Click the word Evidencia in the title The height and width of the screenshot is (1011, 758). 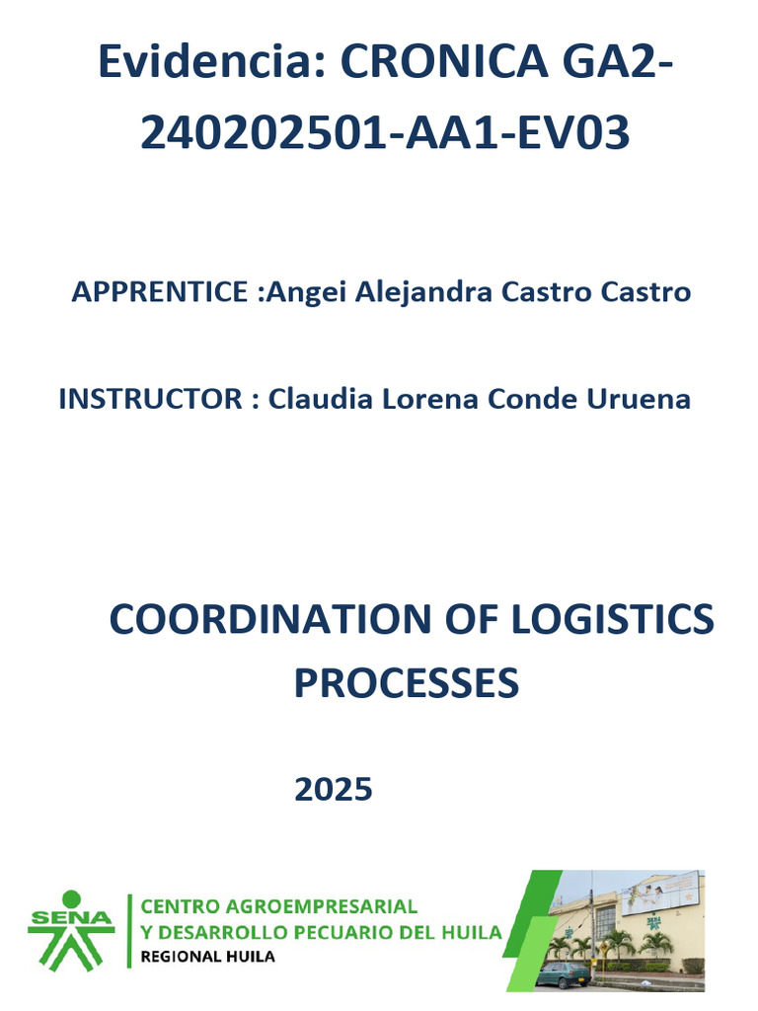point(211,65)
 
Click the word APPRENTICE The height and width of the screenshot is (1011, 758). point(160,292)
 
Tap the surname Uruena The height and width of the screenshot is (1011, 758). point(639,399)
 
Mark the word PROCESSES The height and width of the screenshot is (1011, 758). point(406,683)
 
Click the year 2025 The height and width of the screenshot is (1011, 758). point(334,789)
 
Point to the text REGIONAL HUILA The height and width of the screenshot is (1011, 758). point(208,957)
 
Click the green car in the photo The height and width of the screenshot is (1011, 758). point(564,973)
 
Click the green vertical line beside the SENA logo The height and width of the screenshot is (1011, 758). point(129,930)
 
